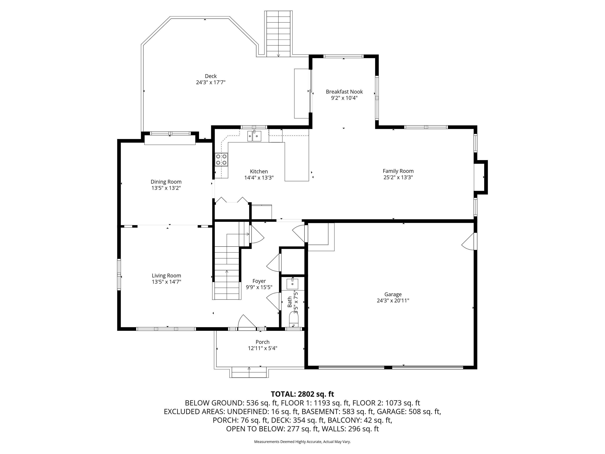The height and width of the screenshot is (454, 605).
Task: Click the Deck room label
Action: [211, 76]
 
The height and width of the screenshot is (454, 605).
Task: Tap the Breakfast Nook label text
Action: [344, 92]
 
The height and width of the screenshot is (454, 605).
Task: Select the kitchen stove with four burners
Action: [222, 160]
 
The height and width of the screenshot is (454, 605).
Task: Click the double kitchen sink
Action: [254, 136]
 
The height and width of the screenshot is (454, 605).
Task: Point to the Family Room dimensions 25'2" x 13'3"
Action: [398, 177]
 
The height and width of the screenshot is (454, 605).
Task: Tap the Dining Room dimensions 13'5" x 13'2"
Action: [166, 188]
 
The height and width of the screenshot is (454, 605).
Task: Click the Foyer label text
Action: [259, 281]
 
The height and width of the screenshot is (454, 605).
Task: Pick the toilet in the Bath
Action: [293, 319]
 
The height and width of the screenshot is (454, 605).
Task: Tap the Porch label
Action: [263, 342]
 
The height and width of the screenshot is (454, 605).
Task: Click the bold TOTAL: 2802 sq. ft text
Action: [302, 394]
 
